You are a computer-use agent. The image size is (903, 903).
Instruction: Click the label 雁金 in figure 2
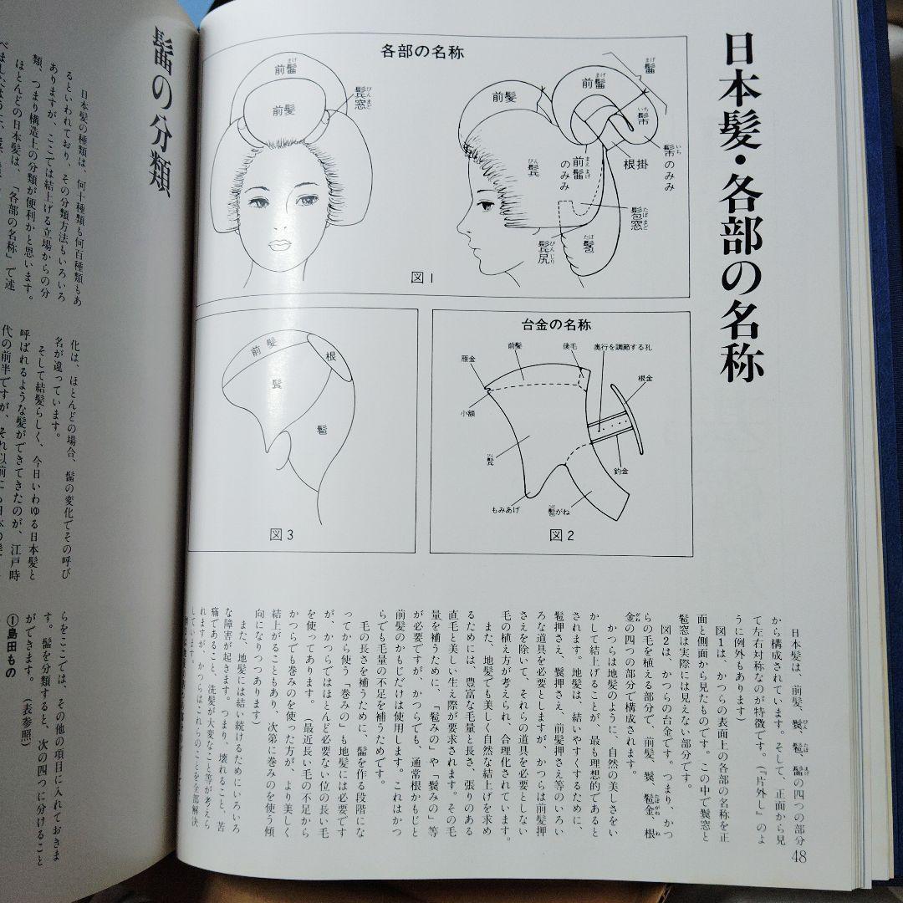pos(467,356)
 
